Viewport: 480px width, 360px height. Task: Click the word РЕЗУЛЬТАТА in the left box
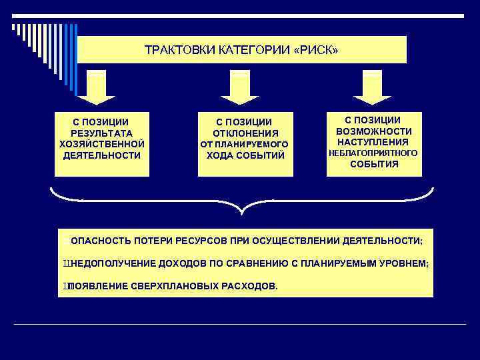101,133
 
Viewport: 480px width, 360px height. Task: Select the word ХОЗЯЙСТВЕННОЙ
101,144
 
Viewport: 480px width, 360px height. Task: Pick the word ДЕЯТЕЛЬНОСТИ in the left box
101,155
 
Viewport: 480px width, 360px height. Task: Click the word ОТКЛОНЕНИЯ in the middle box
245,133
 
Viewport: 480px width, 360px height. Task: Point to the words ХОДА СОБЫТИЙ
245,156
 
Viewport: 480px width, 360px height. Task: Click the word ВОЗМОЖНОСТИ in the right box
373,131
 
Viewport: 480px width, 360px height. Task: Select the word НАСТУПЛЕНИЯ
373,142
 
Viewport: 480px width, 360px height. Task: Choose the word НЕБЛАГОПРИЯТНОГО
373,153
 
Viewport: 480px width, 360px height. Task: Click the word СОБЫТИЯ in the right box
373,165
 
